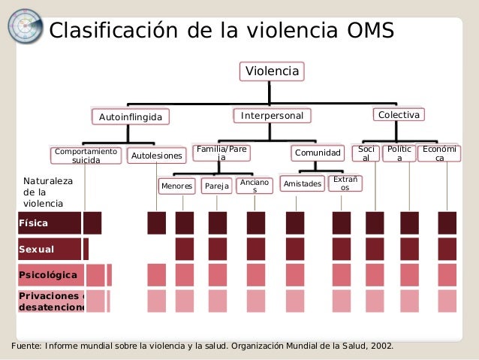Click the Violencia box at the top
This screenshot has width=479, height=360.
pos(273,71)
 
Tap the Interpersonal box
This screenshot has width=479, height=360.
pos(272,116)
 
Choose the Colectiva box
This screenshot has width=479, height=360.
pos(399,115)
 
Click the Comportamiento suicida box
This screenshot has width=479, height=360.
pos(86,156)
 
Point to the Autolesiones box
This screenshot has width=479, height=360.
pos(156,156)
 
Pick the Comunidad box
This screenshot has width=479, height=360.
pos(318,153)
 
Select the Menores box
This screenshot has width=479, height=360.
pos(176,186)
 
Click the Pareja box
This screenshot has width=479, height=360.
pos(216,186)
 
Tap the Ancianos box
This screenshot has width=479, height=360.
pos(254,186)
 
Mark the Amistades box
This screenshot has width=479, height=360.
pos(302,184)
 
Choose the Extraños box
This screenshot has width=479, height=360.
pos(345,183)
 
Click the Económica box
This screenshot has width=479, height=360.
pos(439,153)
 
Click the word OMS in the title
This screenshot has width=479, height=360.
pos(361,31)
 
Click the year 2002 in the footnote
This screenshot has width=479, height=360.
pos(380,346)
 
